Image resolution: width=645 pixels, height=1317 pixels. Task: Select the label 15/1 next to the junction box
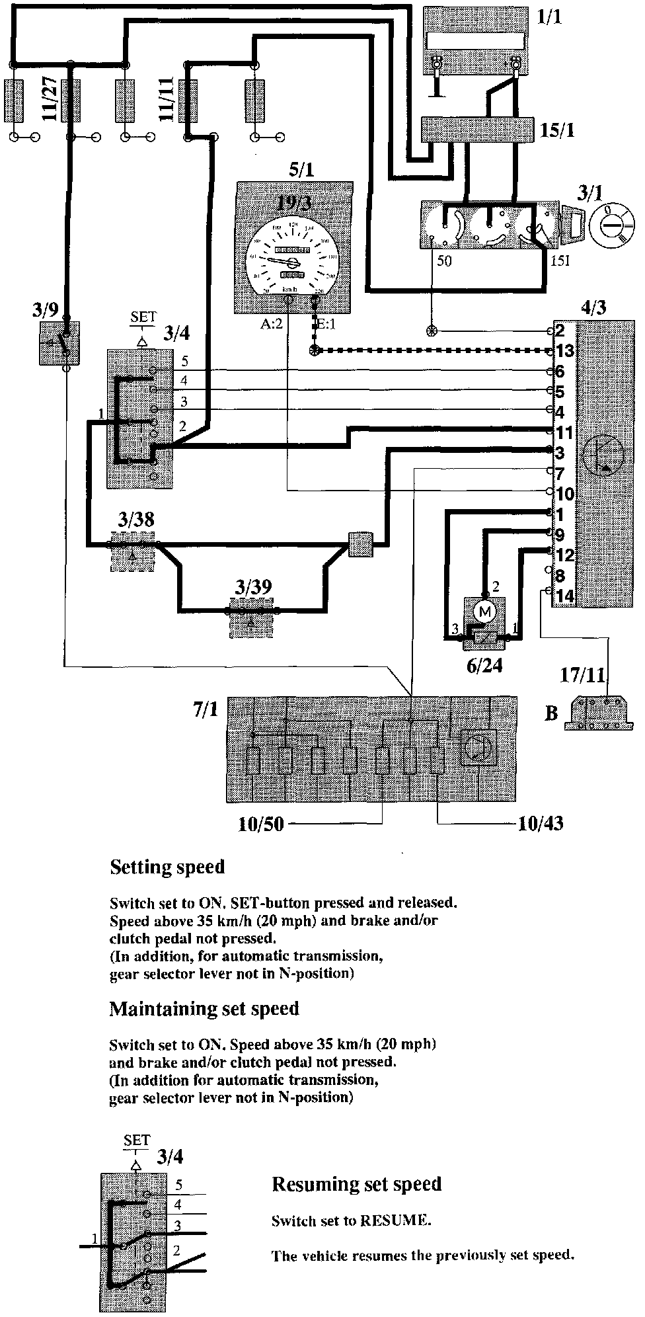coord(556,130)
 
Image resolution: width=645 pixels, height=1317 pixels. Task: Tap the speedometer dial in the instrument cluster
coord(292,259)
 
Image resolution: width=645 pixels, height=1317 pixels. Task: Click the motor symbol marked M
coord(486,612)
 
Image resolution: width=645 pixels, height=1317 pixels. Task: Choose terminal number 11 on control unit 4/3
coord(564,432)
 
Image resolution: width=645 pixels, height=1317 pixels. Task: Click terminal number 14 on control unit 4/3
coord(564,596)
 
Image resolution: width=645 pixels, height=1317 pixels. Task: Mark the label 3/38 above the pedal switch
coord(136,520)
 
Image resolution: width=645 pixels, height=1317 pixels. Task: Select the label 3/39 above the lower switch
coord(253,586)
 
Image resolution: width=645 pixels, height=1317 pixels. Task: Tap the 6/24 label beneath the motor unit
coord(484,665)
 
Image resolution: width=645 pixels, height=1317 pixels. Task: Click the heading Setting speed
coord(167,867)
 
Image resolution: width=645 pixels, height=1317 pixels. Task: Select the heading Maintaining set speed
coord(204,1008)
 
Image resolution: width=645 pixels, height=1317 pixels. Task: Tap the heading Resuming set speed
coord(356,1183)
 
